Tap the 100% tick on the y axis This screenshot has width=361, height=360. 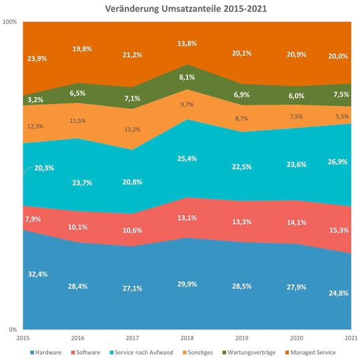pos(10,22)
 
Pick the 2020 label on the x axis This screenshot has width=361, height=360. pos(298,338)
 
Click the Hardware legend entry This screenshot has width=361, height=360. pos(45,351)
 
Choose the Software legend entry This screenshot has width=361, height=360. pos(88,351)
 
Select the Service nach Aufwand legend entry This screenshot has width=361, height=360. pos(141,351)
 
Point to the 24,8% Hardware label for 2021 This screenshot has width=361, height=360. pos(341,292)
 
